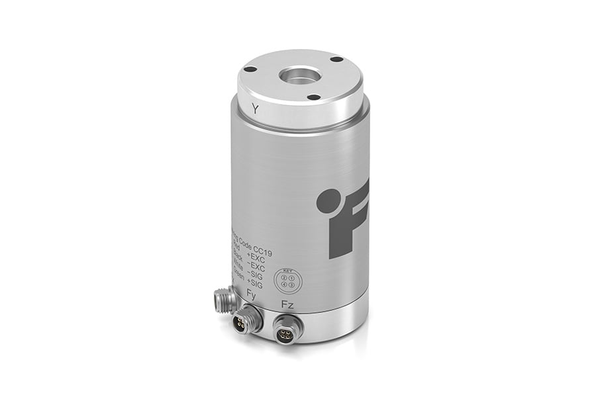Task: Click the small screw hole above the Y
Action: coord(250,68)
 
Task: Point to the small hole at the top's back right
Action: coord(338,59)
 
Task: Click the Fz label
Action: coord(287,304)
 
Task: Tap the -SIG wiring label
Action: coord(256,277)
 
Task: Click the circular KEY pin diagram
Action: coord(287,279)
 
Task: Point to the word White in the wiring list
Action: coord(237,268)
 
